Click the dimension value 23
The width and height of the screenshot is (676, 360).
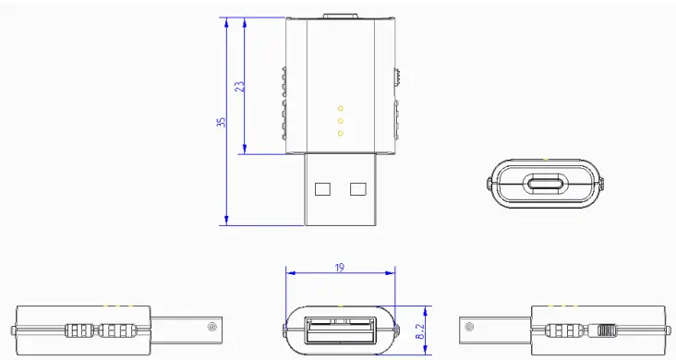point(239,86)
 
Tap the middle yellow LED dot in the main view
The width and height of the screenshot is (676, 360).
point(340,121)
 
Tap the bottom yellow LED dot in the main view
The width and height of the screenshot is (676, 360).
point(340,133)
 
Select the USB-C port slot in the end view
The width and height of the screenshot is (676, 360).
point(544,184)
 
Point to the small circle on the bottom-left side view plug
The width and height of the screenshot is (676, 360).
point(212,326)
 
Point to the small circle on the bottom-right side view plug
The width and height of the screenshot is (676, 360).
point(470,326)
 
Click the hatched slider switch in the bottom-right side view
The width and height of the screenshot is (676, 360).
point(606,329)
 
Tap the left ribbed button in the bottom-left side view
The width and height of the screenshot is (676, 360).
point(80,329)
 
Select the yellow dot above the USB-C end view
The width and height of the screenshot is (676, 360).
point(544,158)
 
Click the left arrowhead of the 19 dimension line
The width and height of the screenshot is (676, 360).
point(289,272)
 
